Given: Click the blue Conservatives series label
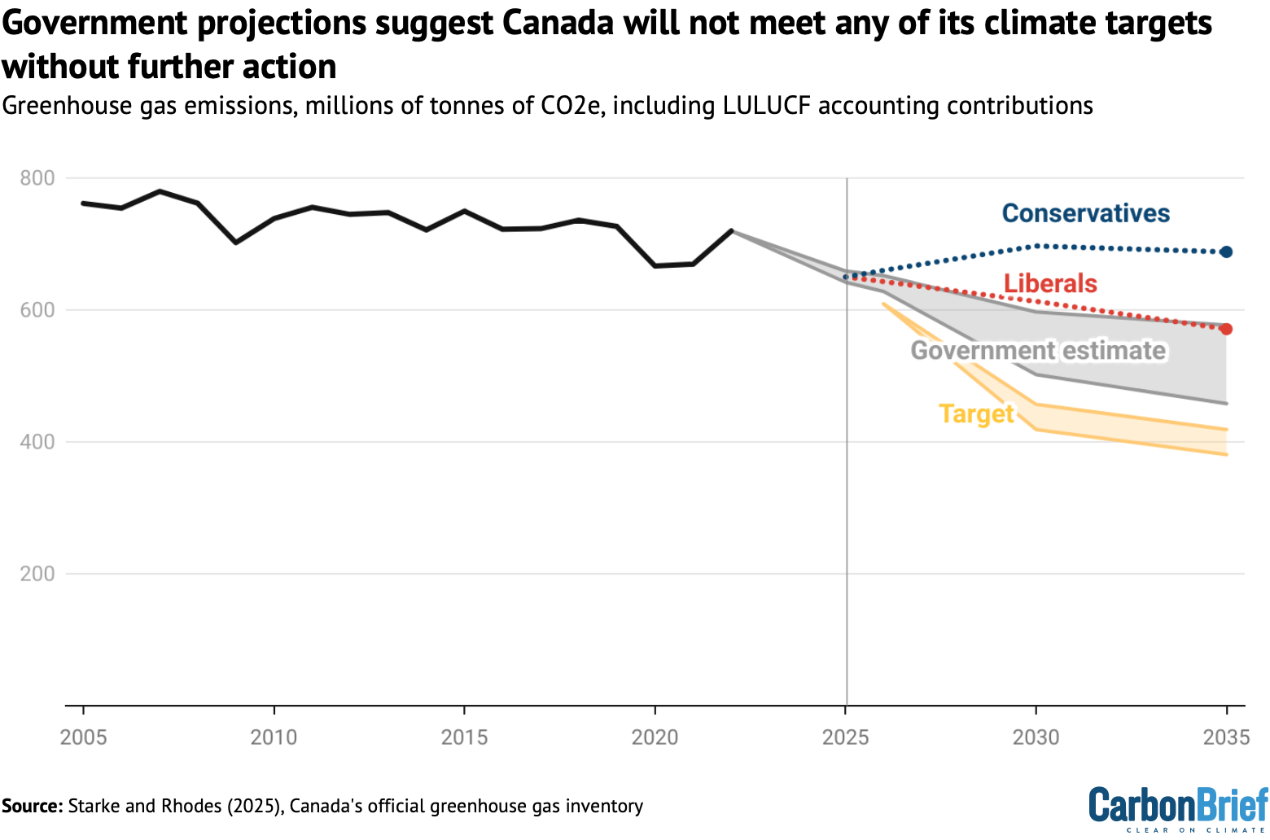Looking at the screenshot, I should coord(1085,213).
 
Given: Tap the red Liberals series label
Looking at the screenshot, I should coord(1050,283).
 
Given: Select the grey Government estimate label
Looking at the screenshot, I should coord(1038,351).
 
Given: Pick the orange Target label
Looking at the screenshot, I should coord(976,413).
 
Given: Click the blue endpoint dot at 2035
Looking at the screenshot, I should coord(1226,252).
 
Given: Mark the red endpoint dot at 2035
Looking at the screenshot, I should coord(1226,329).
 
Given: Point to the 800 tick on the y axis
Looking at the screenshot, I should coord(37,178).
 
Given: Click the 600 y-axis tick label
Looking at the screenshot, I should coord(37,310).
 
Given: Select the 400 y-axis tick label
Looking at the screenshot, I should coord(37,442).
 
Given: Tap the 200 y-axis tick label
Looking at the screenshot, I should coord(37,574).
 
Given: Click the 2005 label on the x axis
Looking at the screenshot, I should coord(84,737).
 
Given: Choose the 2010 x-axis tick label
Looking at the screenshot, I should coord(274,737).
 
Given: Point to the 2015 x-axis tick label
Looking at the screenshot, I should coord(465,737).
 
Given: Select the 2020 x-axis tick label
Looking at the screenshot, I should coord(655,737).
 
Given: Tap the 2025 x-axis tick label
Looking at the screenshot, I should coord(846,737).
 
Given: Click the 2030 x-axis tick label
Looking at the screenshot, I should coord(1036,737).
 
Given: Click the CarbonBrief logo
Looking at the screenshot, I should coord(1178,807).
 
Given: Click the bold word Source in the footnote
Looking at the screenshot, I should coord(32,806).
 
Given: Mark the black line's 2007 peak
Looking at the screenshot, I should coord(160,191).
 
